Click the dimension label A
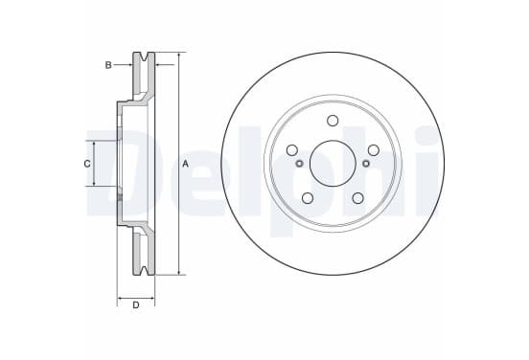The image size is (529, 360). (x=185, y=164)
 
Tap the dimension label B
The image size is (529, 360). (x=108, y=65)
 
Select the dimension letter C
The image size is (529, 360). (x=87, y=164)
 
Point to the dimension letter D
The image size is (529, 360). (x=136, y=305)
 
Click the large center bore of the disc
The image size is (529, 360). (x=333, y=164)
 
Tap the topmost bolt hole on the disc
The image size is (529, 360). (x=333, y=121)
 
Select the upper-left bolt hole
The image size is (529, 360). (x=292, y=150)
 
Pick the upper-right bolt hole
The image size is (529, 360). (x=374, y=150)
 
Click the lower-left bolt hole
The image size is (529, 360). (x=308, y=198)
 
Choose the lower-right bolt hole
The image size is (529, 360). (x=358, y=198)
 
